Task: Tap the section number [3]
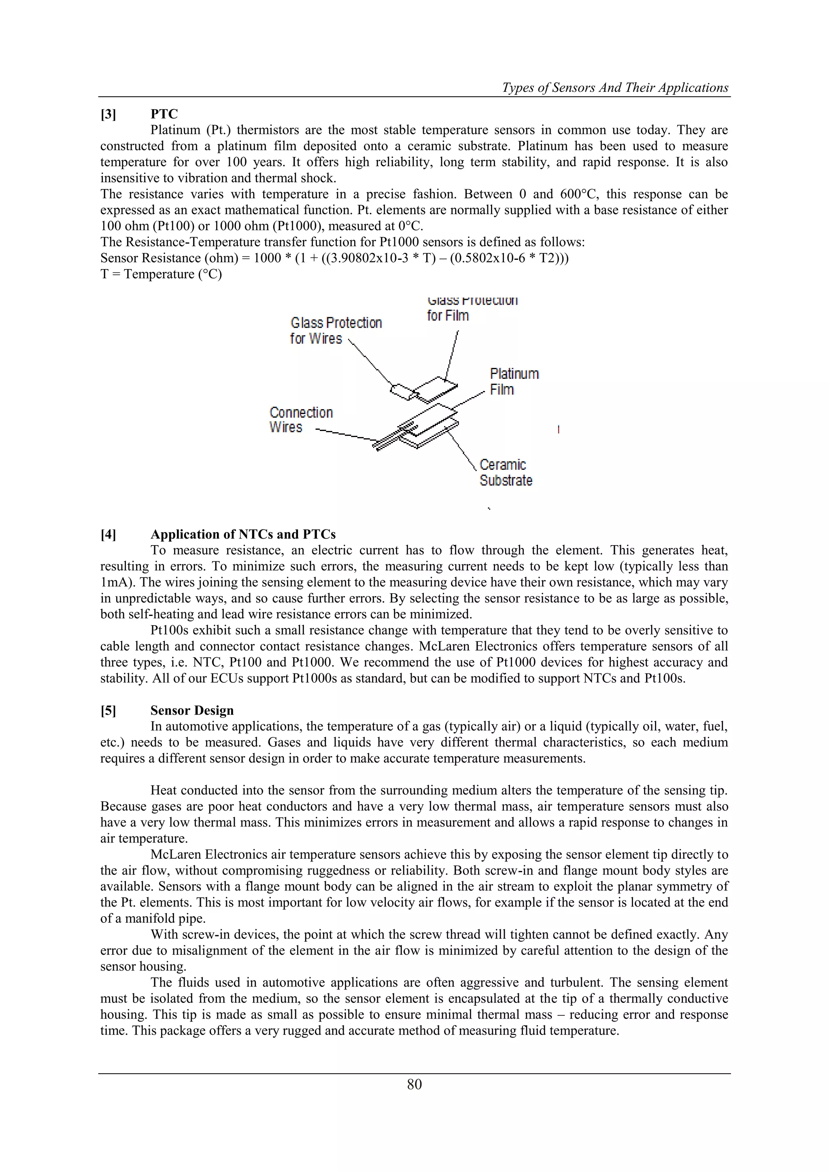point(108,115)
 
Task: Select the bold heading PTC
point(164,115)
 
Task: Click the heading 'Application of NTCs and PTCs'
point(243,535)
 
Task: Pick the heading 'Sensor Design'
point(192,711)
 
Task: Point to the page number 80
point(414,1084)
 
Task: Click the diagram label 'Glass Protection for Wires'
point(336,331)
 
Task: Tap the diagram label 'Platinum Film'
point(514,381)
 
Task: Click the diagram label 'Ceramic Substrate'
point(505,473)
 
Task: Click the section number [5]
point(108,711)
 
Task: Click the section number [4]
point(108,535)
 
